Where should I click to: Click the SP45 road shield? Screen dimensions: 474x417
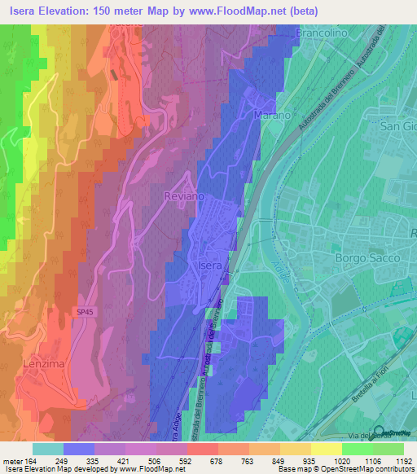point(86,311)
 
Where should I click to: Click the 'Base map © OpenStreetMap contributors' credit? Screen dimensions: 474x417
point(343,469)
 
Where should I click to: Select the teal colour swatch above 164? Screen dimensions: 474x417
point(47,448)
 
